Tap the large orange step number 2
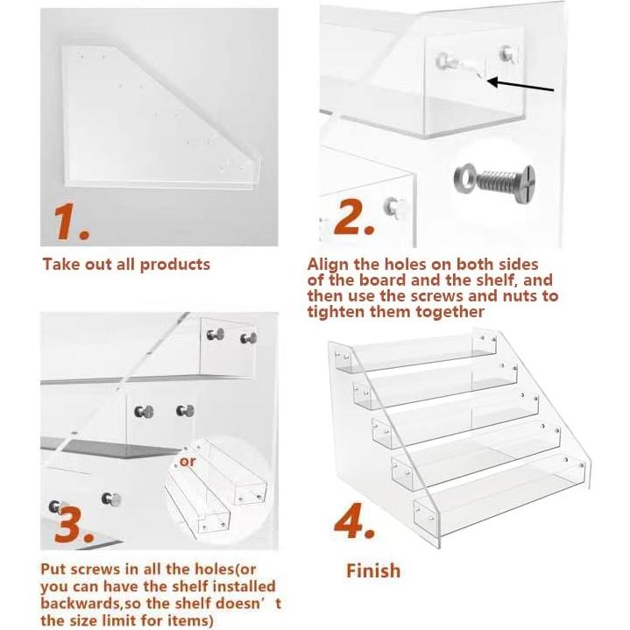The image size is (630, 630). pyautogui.click(x=354, y=216)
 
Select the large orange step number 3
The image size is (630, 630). pyautogui.click(x=74, y=525)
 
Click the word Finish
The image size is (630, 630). pyautogui.click(x=373, y=571)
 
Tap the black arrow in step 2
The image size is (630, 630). pyautogui.click(x=520, y=85)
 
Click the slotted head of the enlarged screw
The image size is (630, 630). pyautogui.click(x=524, y=181)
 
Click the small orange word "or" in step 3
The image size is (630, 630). pyautogui.click(x=188, y=462)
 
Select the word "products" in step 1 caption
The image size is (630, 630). pyautogui.click(x=174, y=265)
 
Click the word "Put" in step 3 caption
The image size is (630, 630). pyautogui.click(x=54, y=570)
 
